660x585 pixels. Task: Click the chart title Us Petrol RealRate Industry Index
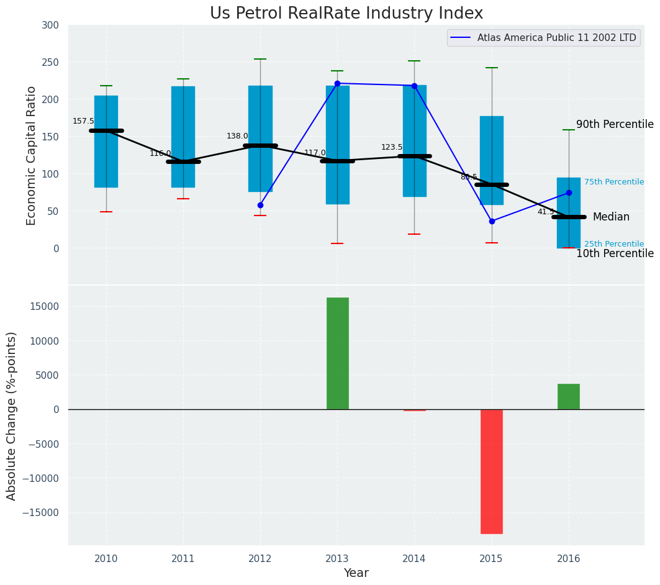click(x=346, y=14)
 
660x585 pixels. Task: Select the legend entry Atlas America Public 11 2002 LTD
click(x=556, y=38)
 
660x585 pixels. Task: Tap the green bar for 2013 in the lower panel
click(x=337, y=353)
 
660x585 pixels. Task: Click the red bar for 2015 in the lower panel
click(x=491, y=471)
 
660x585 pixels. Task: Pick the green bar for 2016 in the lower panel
click(x=568, y=396)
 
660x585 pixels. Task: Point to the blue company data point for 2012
click(x=260, y=205)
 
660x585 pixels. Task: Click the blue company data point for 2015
click(x=492, y=221)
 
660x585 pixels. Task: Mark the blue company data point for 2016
click(x=569, y=193)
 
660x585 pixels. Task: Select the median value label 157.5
click(x=83, y=121)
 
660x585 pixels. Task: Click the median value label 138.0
click(x=237, y=136)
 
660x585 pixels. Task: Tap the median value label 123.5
click(x=392, y=147)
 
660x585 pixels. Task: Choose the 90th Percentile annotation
click(x=615, y=124)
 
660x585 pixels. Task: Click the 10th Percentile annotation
click(x=615, y=253)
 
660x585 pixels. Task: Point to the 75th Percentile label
click(x=613, y=182)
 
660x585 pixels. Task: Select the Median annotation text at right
click(x=611, y=217)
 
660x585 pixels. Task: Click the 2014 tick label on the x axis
click(x=414, y=559)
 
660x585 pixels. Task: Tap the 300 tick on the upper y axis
click(x=50, y=25)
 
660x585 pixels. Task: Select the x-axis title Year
click(x=356, y=573)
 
